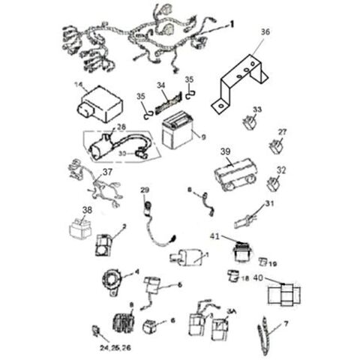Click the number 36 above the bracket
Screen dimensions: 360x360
pos(265,31)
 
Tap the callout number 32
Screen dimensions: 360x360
pos(281,169)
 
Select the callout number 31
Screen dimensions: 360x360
pos(270,203)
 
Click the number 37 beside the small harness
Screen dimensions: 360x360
pos(107,172)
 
